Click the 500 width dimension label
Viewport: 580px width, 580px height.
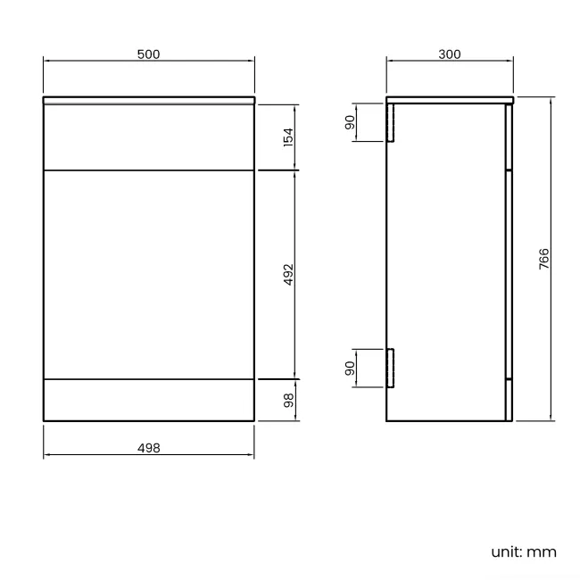(x=149, y=54)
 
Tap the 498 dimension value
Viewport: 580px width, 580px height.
(x=149, y=448)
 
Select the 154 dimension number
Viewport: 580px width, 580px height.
(x=287, y=137)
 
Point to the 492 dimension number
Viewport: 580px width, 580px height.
(x=287, y=274)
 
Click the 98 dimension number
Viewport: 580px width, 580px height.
(x=287, y=400)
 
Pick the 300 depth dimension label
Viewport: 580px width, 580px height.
(x=450, y=54)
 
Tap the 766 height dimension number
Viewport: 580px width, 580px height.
(x=543, y=259)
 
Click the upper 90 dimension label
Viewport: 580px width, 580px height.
(x=351, y=122)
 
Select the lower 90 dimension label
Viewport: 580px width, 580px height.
(x=351, y=367)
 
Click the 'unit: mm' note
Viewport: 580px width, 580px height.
(x=523, y=551)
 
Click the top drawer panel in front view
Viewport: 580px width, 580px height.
(x=149, y=137)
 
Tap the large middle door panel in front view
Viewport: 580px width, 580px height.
(x=149, y=274)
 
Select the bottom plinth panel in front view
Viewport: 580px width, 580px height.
(x=149, y=400)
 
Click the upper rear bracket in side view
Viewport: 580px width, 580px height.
(x=390, y=122)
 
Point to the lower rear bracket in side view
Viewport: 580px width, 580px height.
(x=390, y=367)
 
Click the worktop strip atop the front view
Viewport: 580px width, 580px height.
(x=149, y=100)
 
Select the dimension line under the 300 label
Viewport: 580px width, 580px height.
(x=419, y=62)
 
